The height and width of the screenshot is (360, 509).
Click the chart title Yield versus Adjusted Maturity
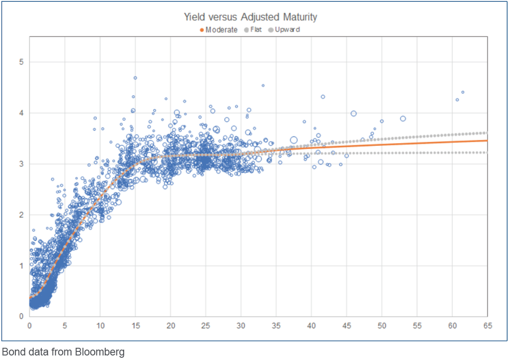250,17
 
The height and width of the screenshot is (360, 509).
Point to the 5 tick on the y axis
21,62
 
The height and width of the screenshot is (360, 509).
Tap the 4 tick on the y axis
21,113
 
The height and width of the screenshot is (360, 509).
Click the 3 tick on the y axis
21,164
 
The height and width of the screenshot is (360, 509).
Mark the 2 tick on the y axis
21,215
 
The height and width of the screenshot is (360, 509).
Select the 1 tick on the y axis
21,266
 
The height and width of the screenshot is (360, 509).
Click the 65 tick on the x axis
487,325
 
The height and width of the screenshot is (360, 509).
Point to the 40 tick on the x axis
311,325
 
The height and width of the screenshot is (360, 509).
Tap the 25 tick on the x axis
206,325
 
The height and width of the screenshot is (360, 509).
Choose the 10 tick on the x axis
100,325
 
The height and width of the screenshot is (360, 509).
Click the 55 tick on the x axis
417,325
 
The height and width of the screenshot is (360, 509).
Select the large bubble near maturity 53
402,119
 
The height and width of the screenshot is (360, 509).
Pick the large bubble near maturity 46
354,114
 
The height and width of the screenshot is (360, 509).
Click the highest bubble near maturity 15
135,78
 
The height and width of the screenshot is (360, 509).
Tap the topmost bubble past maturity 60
463,92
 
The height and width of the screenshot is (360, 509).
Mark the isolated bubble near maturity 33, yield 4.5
263,85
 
